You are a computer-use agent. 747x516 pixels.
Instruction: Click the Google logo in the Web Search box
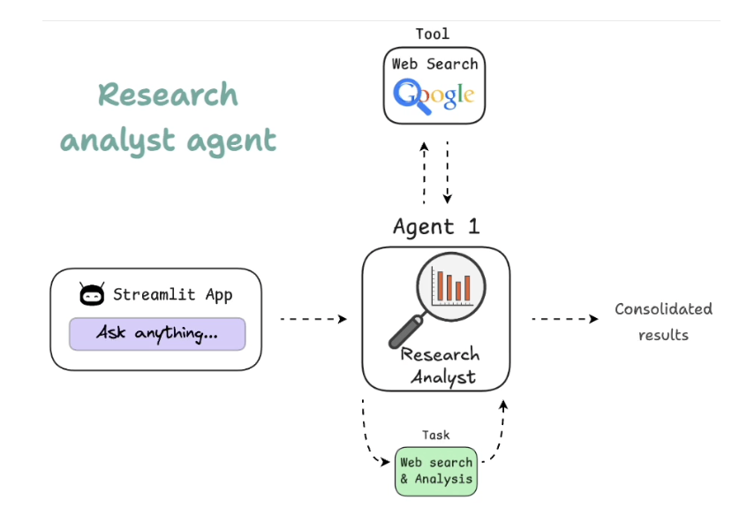pos(434,94)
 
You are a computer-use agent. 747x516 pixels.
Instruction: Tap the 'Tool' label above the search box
pos(433,34)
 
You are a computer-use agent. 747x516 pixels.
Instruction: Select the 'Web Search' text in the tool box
pos(435,64)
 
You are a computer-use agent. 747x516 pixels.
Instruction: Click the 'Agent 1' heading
pos(436,226)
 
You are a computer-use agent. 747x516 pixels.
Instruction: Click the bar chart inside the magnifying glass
pos(453,285)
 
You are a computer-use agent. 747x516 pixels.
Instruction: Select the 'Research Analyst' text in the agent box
pos(439,366)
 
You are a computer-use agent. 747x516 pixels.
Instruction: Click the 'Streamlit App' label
pos(173,295)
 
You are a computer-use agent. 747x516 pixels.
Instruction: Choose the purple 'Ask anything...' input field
pos(157,333)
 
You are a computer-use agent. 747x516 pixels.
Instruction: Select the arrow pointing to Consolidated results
pos(564,319)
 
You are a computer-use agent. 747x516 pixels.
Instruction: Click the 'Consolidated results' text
pos(663,322)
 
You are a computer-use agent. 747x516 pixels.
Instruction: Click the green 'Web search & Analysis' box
pos(436,471)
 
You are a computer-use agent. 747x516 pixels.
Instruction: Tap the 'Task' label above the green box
pos(435,435)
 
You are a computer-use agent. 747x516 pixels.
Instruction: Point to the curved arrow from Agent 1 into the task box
pos(371,437)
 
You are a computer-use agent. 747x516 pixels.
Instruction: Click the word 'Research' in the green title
pos(168,95)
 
